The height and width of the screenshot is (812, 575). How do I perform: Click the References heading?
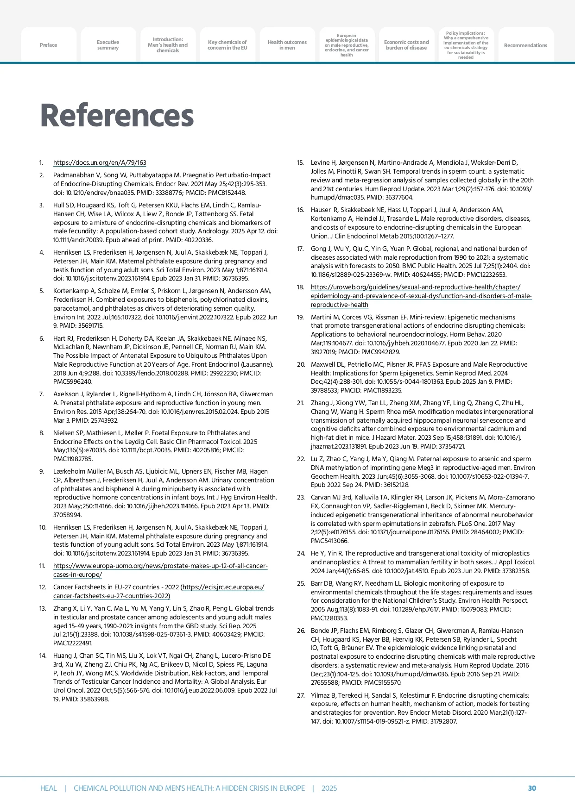117,115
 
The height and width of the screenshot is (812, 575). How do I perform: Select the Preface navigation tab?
48,45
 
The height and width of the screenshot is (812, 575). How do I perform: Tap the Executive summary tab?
108,45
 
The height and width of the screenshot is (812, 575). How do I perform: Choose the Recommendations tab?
525,45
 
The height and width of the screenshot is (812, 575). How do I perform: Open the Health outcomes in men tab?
287,45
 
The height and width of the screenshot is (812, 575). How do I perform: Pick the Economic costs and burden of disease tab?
406,45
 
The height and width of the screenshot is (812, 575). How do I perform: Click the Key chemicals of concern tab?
227,45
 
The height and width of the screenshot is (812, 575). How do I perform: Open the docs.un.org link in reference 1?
100,163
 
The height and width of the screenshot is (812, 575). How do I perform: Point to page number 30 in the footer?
532,788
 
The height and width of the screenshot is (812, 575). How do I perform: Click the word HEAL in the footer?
48,788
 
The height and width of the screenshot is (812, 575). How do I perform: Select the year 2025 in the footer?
329,788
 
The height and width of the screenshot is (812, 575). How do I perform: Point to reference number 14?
43,656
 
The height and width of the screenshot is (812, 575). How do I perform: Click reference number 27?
300,695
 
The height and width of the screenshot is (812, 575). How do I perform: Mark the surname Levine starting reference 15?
320,163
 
